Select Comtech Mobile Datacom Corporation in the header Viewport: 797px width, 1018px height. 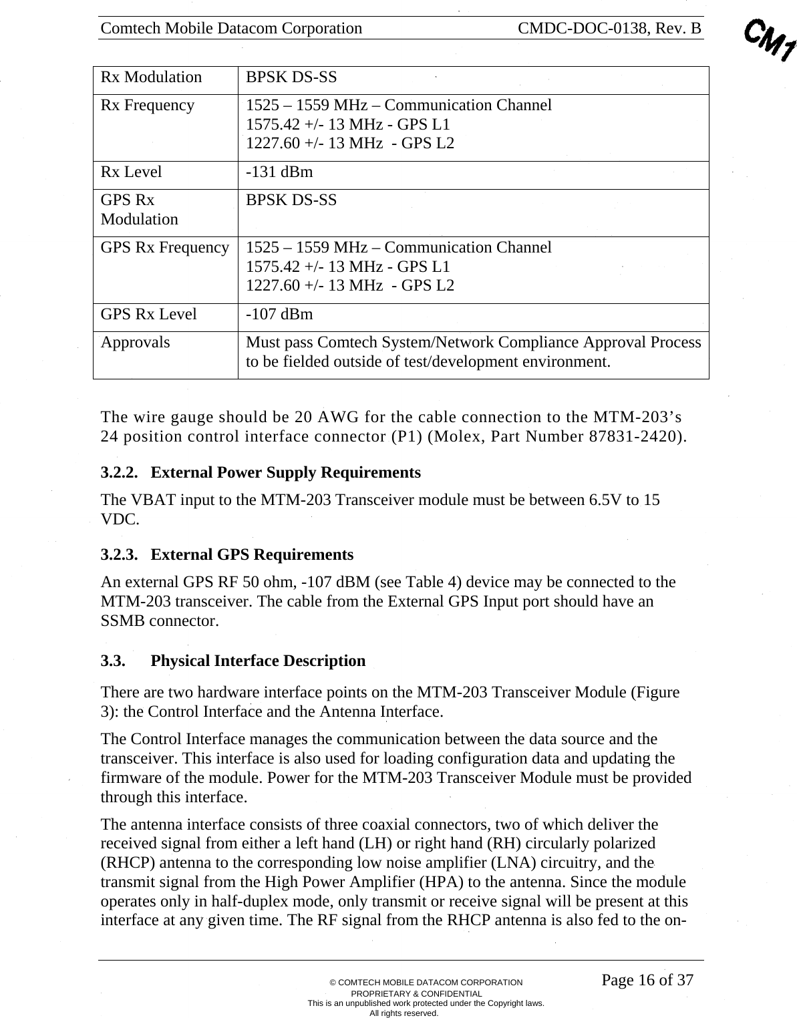[x=231, y=28]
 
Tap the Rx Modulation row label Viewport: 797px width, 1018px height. [x=151, y=77]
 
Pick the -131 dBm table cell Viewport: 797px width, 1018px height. [x=279, y=172]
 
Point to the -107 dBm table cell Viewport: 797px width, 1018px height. [x=279, y=315]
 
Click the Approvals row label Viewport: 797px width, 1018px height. [x=135, y=343]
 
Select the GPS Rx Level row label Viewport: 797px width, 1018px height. [x=148, y=315]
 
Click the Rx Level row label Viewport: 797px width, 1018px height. [x=131, y=172]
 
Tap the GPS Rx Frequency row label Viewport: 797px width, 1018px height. [x=164, y=248]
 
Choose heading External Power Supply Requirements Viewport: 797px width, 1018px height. [x=285, y=473]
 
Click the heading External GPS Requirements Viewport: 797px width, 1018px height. [x=252, y=555]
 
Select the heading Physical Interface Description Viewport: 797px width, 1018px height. [x=258, y=661]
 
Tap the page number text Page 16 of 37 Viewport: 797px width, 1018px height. [x=647, y=980]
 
